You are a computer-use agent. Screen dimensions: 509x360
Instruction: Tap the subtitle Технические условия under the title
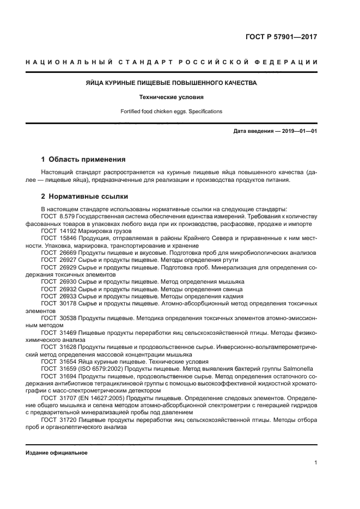(x=172, y=97)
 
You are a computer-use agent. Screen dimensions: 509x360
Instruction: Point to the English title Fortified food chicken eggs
(x=172, y=111)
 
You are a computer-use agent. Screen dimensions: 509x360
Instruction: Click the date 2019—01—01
(x=299, y=131)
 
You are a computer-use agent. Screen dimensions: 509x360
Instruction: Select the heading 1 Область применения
(x=83, y=160)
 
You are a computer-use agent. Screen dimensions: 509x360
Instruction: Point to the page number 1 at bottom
(x=316, y=463)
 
